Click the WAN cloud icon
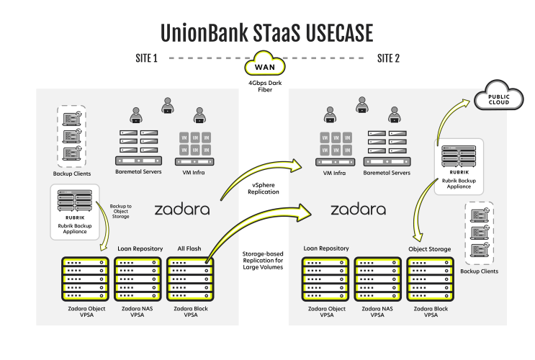tap(265, 64)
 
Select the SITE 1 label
tap(146, 58)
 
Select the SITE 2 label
tap(388, 58)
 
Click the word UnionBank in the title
tap(204, 33)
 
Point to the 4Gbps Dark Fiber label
tap(265, 86)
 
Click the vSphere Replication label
tap(264, 189)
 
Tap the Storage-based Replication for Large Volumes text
tap(263, 261)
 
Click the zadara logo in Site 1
tap(182, 210)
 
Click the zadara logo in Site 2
tap(359, 210)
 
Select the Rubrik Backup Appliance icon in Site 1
tap(75, 201)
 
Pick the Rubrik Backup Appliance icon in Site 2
tap(459, 156)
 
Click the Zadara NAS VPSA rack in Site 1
tap(138, 279)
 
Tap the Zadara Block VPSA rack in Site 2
tap(430, 279)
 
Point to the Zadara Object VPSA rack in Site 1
tap(85, 279)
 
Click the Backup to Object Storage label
tap(120, 211)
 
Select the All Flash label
tap(189, 248)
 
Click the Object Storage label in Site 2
tap(430, 249)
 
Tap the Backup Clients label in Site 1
tap(72, 174)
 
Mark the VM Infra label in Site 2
tap(334, 173)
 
